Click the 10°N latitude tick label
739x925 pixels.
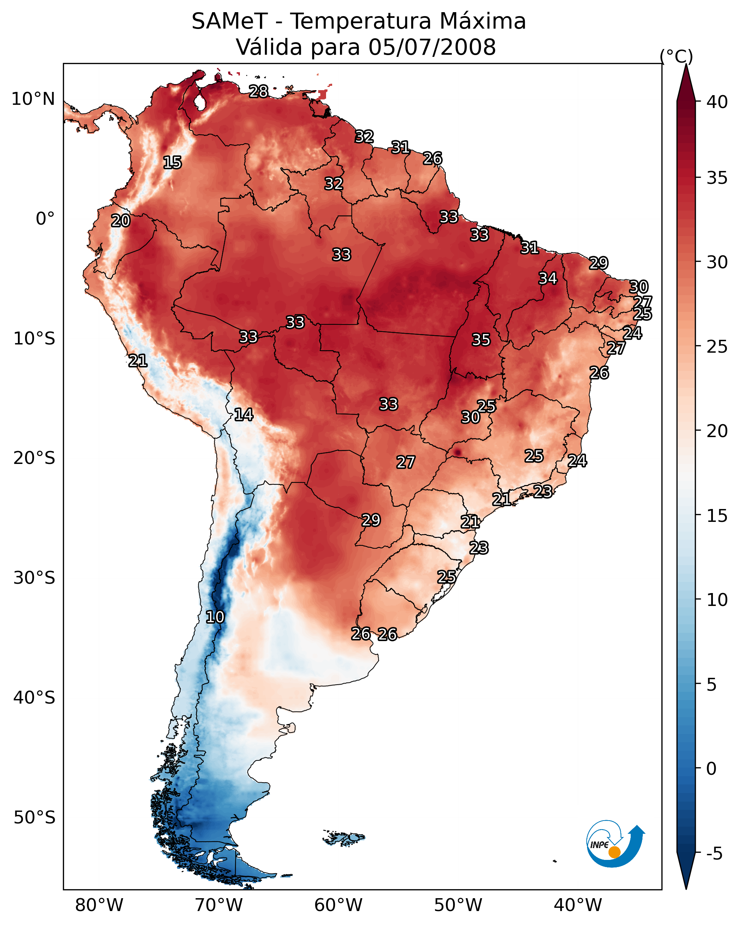(33, 99)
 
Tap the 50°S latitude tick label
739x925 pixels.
(34, 818)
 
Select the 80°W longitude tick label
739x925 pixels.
(99, 905)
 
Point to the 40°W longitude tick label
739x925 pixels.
(577, 905)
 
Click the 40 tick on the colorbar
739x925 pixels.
(717, 102)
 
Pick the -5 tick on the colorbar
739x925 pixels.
(714, 854)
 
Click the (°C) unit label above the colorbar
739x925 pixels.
(676, 56)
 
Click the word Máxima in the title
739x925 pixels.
(482, 21)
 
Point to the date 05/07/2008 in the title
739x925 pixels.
(432, 47)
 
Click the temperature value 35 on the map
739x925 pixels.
(481, 340)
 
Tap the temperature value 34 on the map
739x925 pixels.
(548, 278)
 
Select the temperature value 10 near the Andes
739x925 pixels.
(215, 617)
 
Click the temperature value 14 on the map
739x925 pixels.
(243, 415)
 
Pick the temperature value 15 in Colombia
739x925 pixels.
(172, 163)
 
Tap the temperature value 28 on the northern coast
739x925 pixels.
(258, 91)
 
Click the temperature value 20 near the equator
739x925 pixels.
(120, 221)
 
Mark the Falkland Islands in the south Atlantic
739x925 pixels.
(344, 837)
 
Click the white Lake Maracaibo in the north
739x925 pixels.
(199, 102)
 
